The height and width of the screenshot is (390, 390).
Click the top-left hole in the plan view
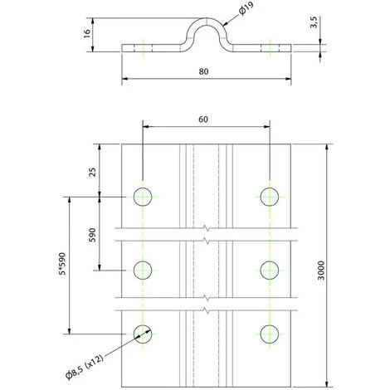[143, 197]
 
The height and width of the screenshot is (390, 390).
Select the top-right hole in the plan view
[269, 197]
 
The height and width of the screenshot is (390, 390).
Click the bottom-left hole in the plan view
[143, 334]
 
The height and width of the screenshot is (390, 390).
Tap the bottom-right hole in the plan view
[269, 334]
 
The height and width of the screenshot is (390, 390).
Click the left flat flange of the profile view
[154, 47]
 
